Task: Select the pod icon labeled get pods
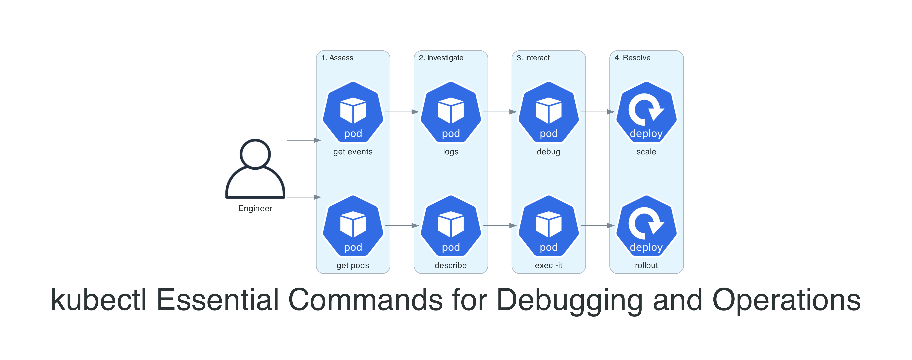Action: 353,226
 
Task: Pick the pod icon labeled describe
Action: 451,226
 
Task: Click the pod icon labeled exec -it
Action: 548,226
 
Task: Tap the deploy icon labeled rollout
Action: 646,226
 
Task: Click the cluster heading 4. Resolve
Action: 632,58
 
